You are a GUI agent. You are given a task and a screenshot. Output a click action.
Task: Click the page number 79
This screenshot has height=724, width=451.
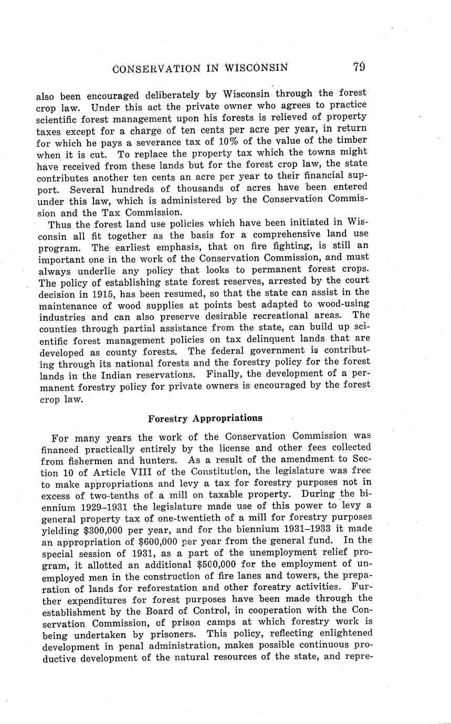359,67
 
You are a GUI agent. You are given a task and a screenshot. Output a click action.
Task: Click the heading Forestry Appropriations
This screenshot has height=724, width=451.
205,418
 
